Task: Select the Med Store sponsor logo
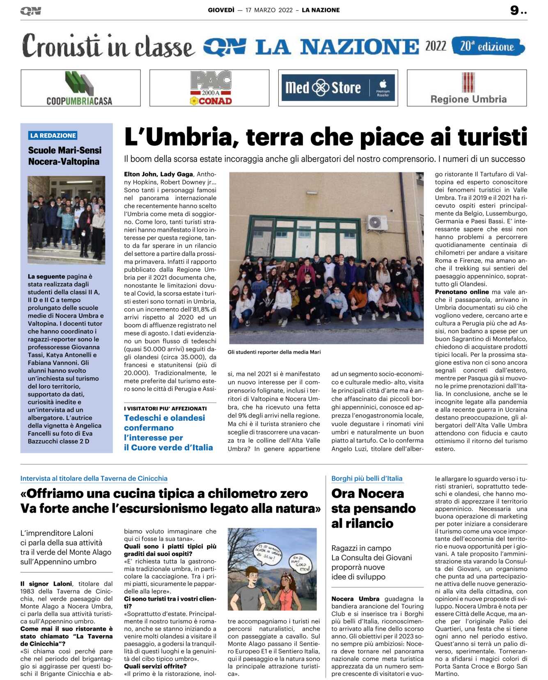[x=338, y=88]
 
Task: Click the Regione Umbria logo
[x=468, y=88]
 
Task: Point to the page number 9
[x=514, y=10]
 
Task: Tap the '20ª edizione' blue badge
[x=488, y=46]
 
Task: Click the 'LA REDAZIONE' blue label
[x=53, y=135]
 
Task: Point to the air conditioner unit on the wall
[x=376, y=222]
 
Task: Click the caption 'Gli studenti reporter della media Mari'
[x=274, y=352]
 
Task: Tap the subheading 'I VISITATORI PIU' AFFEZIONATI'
[x=165, y=408]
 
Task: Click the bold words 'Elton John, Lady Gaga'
[x=158, y=174]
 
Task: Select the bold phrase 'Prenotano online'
[x=462, y=292]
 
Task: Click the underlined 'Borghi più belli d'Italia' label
[x=367, y=478]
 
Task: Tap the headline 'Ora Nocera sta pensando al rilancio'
[x=373, y=508]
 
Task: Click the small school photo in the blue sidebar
[x=66, y=220]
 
